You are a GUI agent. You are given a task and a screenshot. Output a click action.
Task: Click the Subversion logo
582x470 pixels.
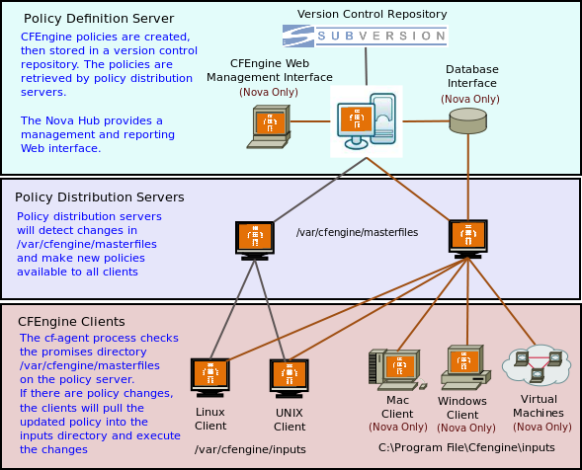[x=365, y=36]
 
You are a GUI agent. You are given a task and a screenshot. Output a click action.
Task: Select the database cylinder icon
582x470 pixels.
[x=467, y=120]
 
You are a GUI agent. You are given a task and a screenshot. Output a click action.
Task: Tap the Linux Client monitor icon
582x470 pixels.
[x=210, y=377]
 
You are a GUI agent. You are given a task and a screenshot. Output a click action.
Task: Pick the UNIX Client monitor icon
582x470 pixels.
[x=290, y=378]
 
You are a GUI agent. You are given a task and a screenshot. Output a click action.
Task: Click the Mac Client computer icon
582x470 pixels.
[x=397, y=370]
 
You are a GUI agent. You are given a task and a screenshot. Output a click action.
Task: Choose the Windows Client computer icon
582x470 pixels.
[x=465, y=367]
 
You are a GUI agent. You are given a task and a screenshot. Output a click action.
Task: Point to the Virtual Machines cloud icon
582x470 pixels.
[x=537, y=364]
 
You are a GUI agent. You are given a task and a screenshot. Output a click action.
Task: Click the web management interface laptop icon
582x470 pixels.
[x=269, y=126]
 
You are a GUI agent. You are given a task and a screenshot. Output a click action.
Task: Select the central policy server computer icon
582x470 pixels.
[x=367, y=121]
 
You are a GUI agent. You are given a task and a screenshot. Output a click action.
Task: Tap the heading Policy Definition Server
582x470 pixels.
[x=99, y=18]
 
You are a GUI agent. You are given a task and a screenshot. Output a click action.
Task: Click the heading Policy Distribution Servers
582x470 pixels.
[x=100, y=196]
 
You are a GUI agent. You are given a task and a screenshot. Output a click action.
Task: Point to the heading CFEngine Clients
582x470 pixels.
[x=71, y=321]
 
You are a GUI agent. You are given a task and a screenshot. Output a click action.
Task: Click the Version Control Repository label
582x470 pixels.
[x=372, y=14]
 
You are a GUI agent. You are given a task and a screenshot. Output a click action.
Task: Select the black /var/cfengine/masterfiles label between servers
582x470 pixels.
[x=357, y=232]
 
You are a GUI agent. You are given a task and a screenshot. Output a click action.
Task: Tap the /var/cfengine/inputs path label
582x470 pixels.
[x=250, y=449]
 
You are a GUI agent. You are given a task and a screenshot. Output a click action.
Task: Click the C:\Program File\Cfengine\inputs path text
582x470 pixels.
[x=466, y=447]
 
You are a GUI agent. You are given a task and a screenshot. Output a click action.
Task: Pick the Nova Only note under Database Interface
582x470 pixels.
[x=470, y=99]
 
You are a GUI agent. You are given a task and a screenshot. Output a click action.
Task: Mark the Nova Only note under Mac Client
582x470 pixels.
[x=398, y=427]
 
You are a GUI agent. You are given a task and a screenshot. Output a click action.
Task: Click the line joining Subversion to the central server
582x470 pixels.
[x=366, y=66]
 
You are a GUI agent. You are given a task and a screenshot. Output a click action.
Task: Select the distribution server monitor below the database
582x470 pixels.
[x=468, y=239]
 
